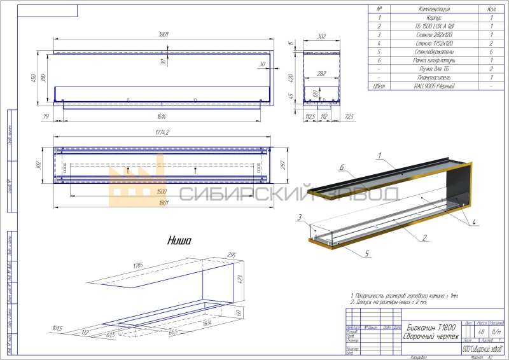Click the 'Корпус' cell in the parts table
435,18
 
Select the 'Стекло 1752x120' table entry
435,43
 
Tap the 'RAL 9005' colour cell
435,85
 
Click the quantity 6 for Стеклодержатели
491,51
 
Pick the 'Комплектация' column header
435,10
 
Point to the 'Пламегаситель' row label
435,76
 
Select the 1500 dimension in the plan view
162,191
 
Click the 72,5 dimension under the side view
348,116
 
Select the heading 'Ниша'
179,240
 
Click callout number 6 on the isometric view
341,168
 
